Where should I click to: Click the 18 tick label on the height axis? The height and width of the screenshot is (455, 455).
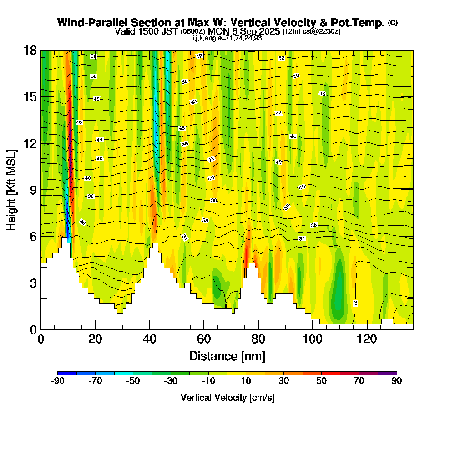click(30, 51)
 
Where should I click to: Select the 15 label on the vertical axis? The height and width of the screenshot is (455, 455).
click(30, 97)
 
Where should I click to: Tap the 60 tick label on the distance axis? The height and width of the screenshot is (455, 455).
click(204, 339)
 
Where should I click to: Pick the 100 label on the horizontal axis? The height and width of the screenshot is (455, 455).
click(313, 339)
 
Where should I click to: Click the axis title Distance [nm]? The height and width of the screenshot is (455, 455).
click(227, 356)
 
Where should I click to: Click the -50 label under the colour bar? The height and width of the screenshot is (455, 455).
click(133, 381)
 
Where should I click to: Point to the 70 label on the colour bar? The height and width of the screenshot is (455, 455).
click(359, 381)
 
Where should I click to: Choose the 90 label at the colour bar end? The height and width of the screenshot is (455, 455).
click(397, 381)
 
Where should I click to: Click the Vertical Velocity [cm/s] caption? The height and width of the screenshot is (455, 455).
click(227, 398)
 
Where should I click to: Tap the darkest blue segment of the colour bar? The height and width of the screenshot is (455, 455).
click(67, 373)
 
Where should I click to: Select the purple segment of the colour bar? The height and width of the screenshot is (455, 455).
click(387, 373)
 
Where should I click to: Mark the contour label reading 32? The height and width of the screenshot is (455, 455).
click(355, 303)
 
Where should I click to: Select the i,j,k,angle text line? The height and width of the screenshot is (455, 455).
click(227, 38)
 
